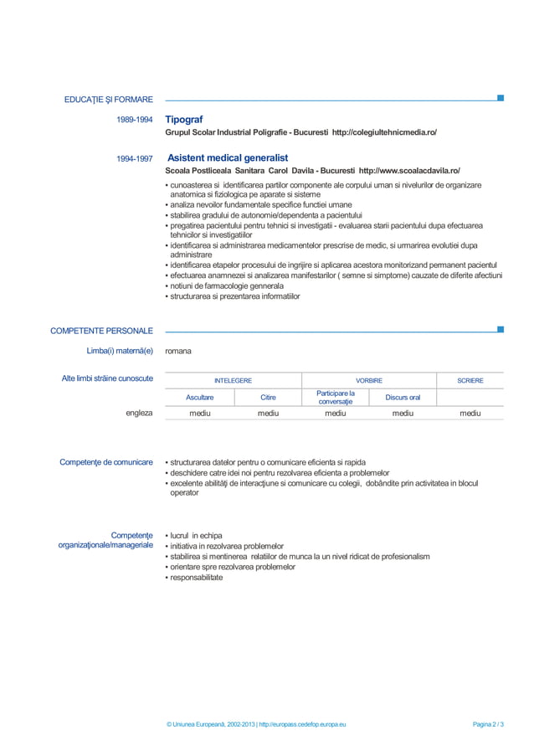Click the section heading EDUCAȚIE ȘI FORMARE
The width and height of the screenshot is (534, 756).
(108, 100)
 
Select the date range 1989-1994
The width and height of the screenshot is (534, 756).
(134, 121)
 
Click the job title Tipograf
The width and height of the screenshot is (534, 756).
(184, 120)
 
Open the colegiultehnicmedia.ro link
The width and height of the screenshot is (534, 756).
(384, 133)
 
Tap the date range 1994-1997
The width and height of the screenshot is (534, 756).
(134, 158)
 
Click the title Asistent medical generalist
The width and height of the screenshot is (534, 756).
(228, 157)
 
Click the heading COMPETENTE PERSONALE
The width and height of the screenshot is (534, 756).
(101, 331)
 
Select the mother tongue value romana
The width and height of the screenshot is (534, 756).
(178, 351)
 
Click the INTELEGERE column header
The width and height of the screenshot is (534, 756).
(233, 381)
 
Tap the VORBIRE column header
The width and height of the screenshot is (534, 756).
(369, 381)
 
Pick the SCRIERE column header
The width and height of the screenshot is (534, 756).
(470, 381)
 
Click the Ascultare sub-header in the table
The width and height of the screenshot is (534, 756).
(199, 398)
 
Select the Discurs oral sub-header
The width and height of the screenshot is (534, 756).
(403, 398)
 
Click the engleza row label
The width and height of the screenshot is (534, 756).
(139, 413)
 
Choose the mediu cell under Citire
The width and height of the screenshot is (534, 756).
(268, 413)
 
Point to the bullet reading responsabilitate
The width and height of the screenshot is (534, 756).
(196, 578)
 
